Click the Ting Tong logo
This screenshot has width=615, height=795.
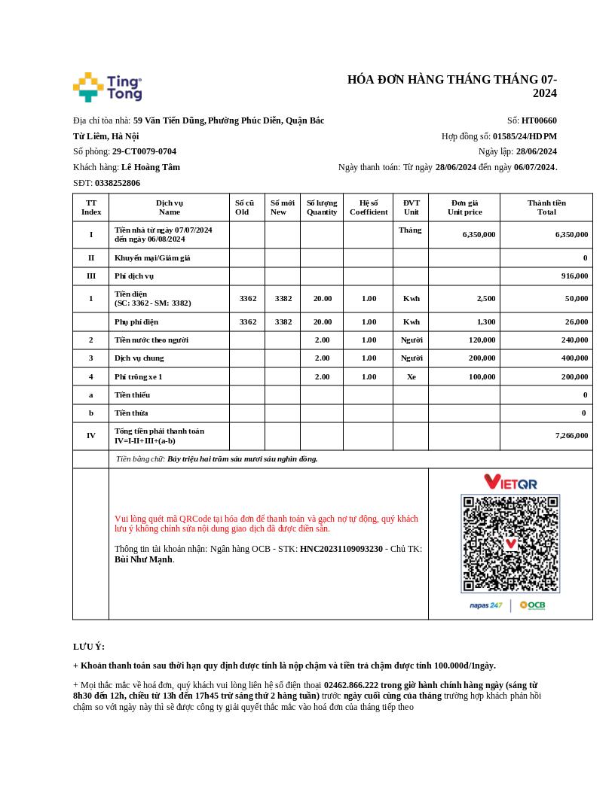[107, 87]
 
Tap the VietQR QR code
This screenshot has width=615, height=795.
[510, 544]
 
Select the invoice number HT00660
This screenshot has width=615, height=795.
[539, 120]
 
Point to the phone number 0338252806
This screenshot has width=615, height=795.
[118, 183]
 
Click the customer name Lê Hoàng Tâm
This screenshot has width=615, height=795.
[151, 167]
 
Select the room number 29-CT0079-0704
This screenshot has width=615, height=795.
[144, 151]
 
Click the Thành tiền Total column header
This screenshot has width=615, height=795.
[546, 207]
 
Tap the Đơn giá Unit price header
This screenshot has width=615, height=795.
[464, 207]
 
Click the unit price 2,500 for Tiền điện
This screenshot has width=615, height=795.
[486, 298]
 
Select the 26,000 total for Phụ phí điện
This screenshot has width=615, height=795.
[576, 321]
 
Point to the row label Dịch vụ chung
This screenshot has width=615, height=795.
[139, 358]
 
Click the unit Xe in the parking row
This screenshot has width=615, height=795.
[411, 376]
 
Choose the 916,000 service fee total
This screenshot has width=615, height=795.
[574, 276]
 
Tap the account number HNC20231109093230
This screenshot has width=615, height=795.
[341, 549]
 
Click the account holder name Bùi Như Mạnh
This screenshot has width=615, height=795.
[143, 559]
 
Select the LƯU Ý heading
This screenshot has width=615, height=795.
[89, 647]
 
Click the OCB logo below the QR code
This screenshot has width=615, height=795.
[533, 605]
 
